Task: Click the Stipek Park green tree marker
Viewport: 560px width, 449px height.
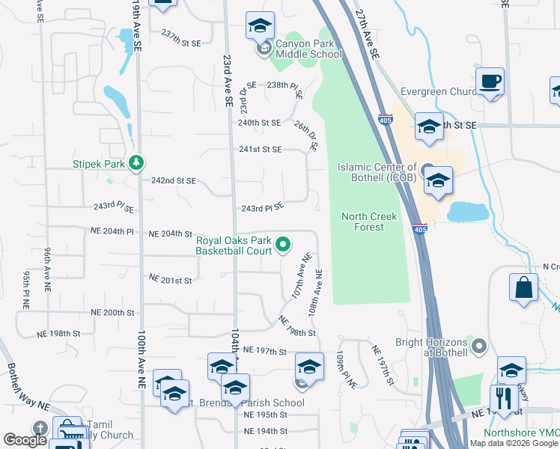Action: click(136, 162)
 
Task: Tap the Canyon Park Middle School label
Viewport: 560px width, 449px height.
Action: click(308, 49)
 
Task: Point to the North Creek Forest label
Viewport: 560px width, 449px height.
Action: click(368, 222)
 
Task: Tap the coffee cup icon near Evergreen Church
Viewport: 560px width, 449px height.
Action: click(490, 82)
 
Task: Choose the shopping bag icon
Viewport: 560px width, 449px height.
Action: click(523, 288)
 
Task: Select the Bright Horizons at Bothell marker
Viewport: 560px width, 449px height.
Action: click(480, 346)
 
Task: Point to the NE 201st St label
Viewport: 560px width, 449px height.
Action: click(171, 280)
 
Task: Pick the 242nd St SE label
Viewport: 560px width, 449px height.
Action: click(173, 181)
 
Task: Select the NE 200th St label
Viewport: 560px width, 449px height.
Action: click(112, 312)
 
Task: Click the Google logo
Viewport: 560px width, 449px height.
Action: click(25, 440)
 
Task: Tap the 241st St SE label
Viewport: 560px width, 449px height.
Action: click(260, 150)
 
